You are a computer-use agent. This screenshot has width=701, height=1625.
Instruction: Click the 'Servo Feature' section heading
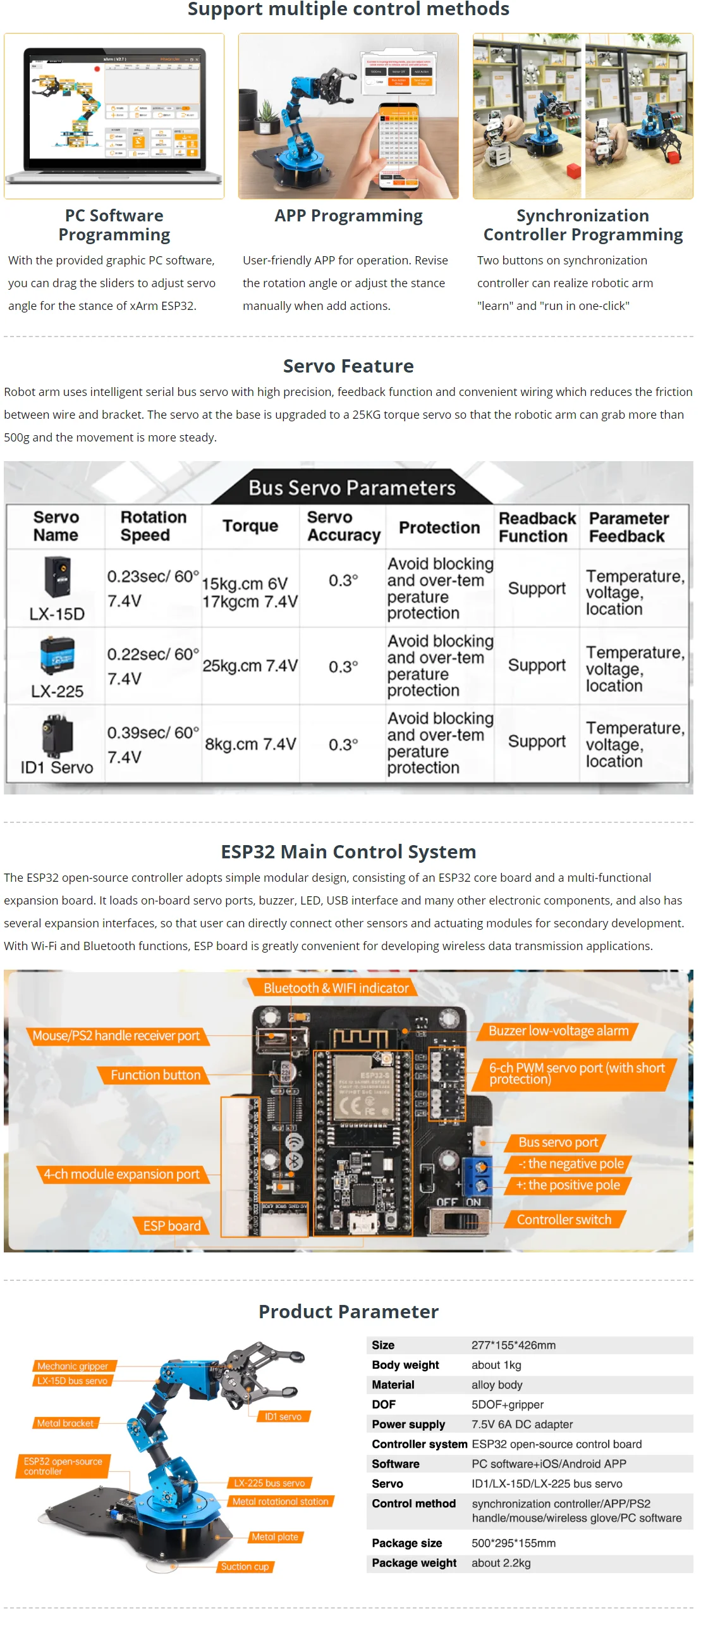pos(348,366)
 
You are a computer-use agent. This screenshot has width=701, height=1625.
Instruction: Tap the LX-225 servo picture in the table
pos(57,655)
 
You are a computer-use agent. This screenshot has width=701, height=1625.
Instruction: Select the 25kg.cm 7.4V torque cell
pos(250,666)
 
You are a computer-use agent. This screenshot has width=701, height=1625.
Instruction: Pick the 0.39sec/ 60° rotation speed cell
pos(152,744)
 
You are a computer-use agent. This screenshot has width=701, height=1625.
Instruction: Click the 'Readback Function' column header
pos(537,527)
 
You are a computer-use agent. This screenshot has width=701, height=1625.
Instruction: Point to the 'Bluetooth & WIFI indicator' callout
pos(336,988)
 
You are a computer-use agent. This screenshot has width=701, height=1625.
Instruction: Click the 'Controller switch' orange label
pos(564,1220)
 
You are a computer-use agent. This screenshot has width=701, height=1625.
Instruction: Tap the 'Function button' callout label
pos(155,1075)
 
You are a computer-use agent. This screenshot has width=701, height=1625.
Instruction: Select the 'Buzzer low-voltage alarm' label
pos(558,1031)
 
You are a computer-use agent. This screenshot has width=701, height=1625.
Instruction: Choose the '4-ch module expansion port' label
pos(121,1175)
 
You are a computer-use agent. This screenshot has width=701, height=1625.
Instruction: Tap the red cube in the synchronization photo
pos(573,171)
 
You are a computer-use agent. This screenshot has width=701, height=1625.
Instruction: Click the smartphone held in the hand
pos(398,145)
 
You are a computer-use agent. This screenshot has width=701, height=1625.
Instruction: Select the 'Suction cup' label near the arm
pos(245,1567)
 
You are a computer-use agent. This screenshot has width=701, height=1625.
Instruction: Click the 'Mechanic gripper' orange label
pos(73,1366)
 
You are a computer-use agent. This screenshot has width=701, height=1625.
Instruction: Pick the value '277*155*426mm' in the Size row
pos(513,1345)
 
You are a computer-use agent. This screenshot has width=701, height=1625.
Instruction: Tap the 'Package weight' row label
pos(413,1563)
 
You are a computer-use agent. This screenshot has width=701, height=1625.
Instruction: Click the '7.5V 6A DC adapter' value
pos(521,1424)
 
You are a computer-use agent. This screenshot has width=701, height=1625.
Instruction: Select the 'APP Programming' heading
pos(348,216)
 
